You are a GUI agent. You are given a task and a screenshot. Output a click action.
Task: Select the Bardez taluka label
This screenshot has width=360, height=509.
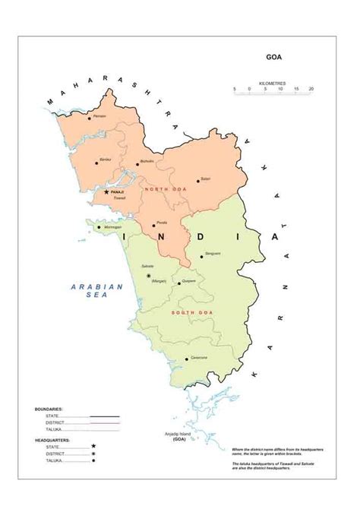click(x=105, y=159)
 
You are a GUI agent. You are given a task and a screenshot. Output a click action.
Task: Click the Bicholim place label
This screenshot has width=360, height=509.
click(x=147, y=161)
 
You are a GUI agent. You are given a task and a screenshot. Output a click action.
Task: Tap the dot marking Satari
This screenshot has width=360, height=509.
click(x=198, y=180)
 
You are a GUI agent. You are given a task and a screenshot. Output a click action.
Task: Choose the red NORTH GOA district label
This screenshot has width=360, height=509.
click(x=162, y=188)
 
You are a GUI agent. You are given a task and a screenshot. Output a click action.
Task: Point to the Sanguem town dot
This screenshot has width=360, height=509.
click(x=201, y=257)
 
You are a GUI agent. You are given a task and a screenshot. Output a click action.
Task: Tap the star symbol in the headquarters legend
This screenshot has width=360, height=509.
click(x=93, y=446)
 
